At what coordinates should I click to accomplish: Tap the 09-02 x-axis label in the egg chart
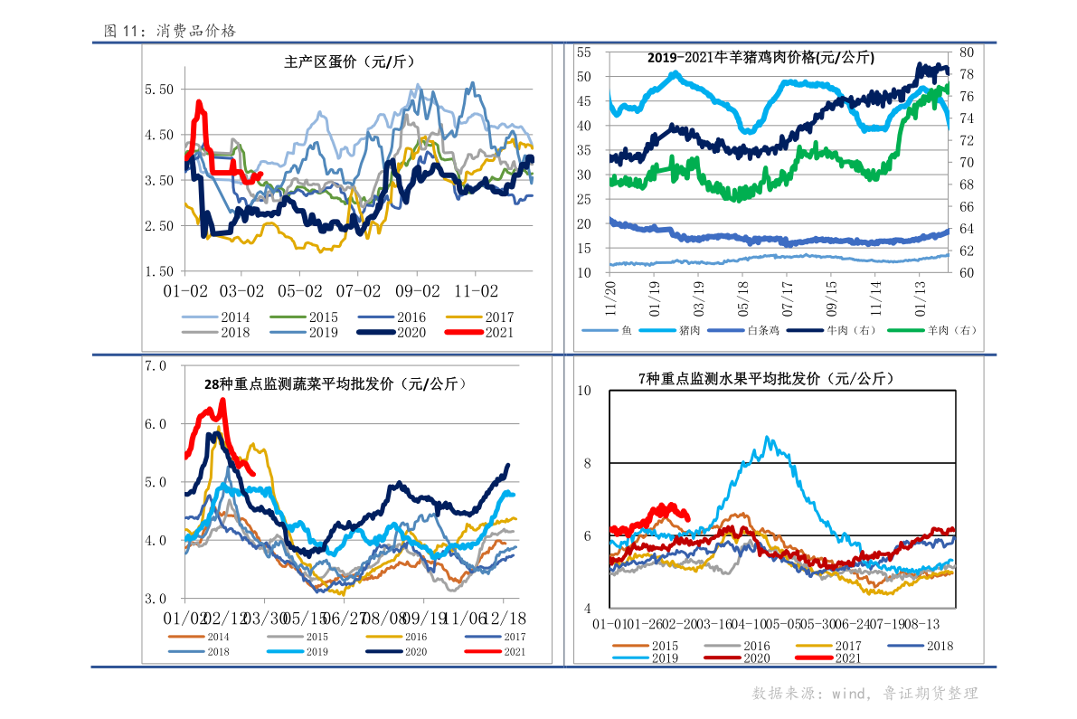point(417,291)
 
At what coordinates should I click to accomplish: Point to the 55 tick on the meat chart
point(583,52)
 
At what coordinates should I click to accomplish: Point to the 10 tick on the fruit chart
point(584,390)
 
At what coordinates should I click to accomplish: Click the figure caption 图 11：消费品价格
point(170,31)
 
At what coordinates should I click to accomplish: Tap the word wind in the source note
point(850,694)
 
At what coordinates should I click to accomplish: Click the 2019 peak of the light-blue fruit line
point(768,438)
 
